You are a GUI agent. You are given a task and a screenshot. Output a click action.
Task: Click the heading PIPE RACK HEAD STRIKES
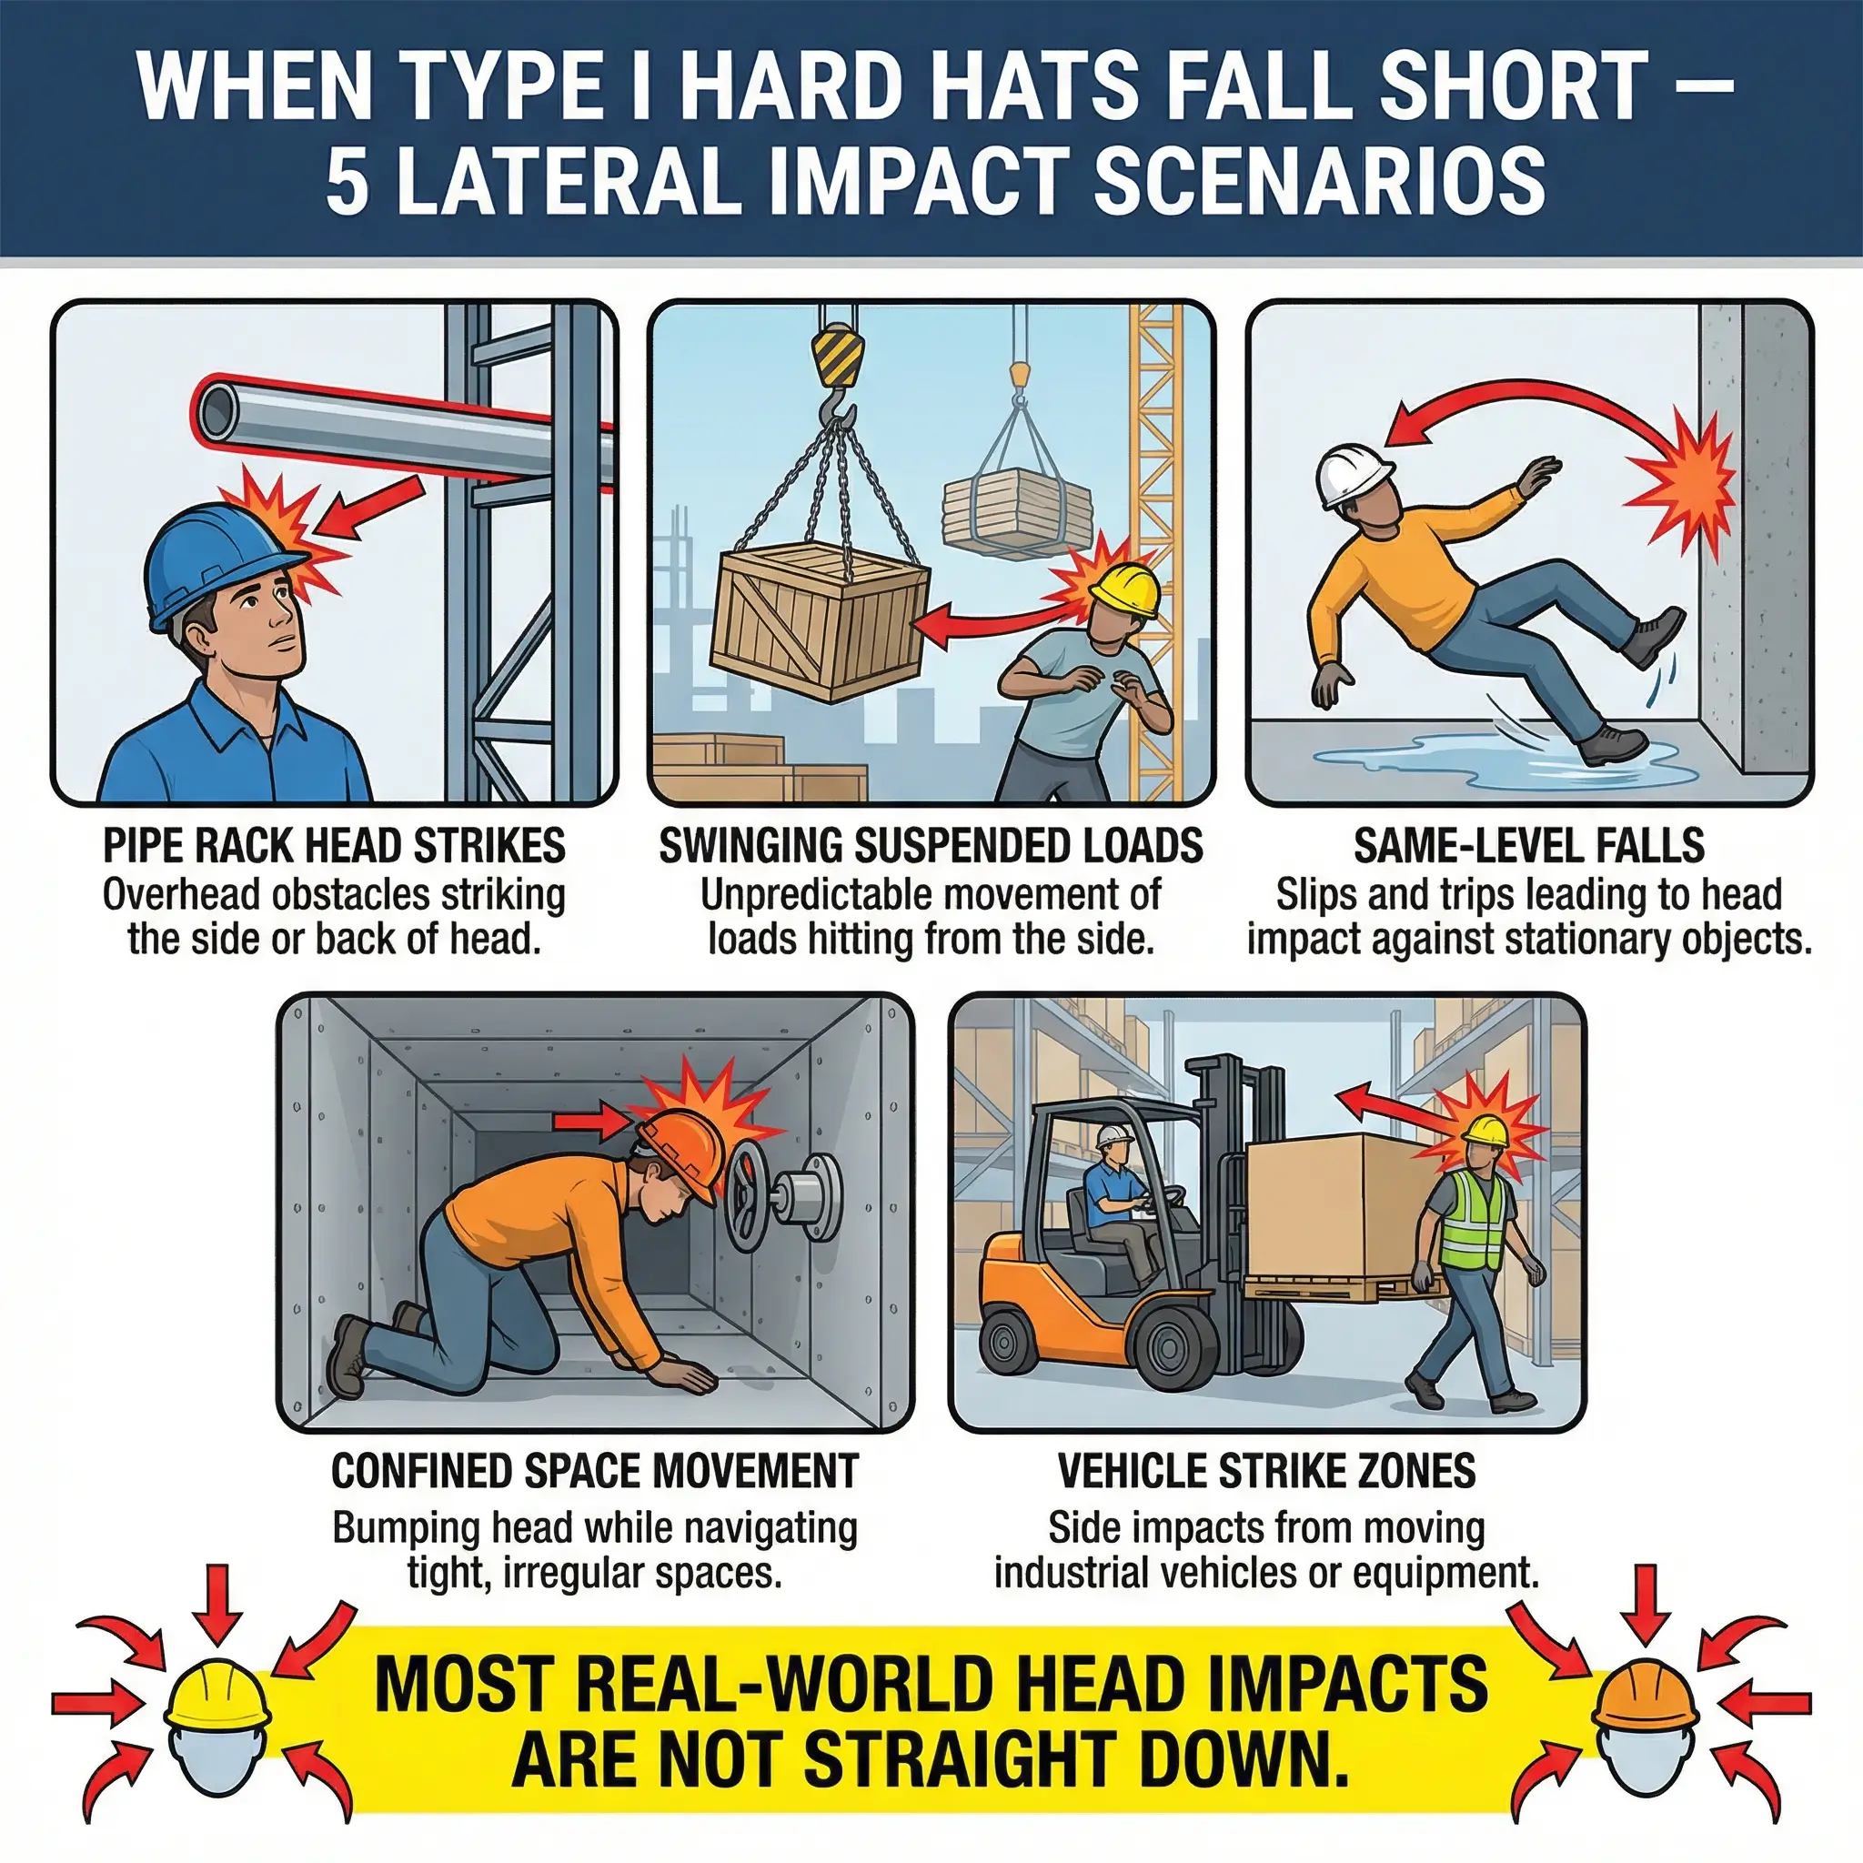coord(334,846)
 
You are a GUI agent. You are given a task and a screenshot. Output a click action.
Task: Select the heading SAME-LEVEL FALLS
coord(1528,846)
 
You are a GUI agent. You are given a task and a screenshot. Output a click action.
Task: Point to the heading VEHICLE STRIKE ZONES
coord(1266,1471)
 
